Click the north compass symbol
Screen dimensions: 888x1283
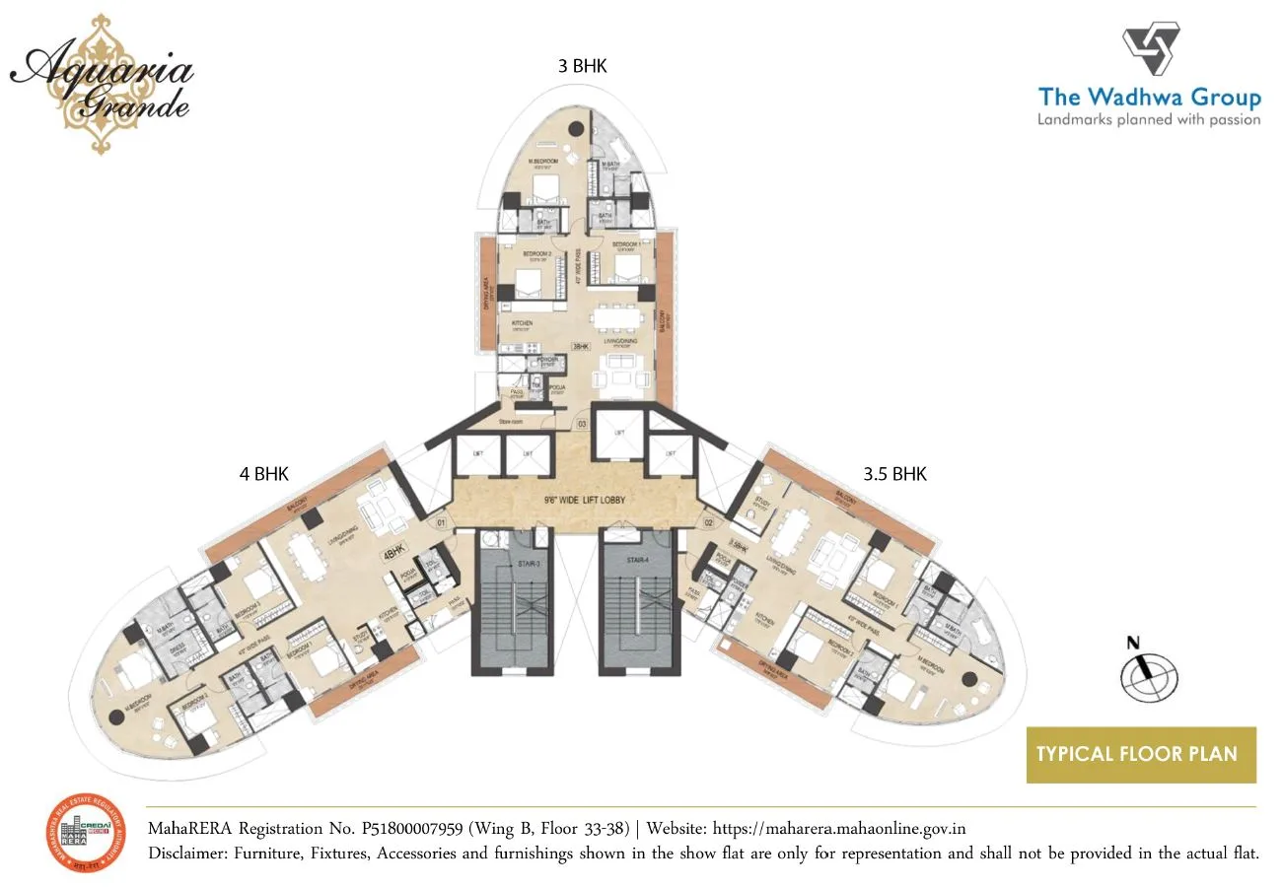[1148, 676]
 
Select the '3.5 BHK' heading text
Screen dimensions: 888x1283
[894, 474]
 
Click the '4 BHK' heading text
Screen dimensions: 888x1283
[263, 474]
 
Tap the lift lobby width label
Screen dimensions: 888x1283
[578, 500]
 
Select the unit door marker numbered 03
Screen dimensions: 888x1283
[583, 424]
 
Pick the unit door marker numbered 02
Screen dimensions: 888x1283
[708, 521]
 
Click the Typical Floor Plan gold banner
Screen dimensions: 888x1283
[1141, 755]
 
